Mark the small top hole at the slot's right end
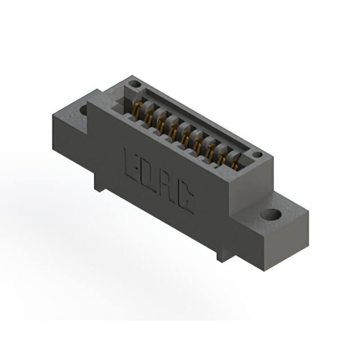pos(256,155)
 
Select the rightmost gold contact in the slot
pos(234,162)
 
